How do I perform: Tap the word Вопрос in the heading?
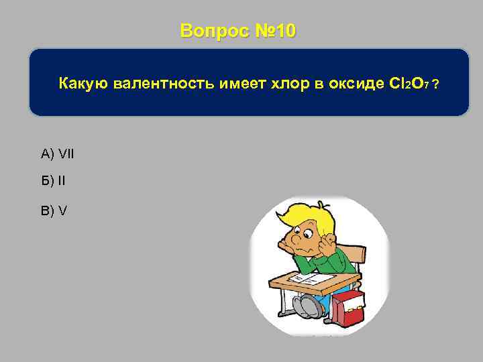coord(213,31)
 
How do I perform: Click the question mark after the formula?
coord(437,84)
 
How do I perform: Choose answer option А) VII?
coord(58,155)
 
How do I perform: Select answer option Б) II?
coord(54,181)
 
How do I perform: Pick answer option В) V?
coord(54,210)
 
